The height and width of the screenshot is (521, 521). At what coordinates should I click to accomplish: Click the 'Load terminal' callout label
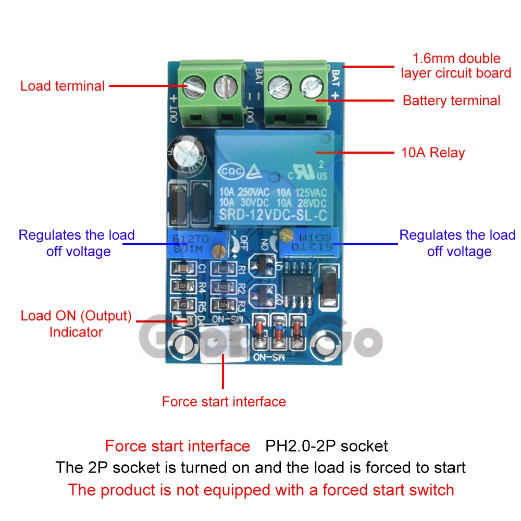[63, 86]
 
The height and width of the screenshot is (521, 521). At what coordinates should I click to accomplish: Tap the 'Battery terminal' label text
[451, 101]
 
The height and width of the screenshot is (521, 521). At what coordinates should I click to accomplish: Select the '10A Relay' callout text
[432, 153]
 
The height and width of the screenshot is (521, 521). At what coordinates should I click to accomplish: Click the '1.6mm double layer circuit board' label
[456, 66]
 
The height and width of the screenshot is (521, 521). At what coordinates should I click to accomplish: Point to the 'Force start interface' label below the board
[224, 402]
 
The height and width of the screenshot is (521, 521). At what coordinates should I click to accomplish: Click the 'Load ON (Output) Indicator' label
[76, 324]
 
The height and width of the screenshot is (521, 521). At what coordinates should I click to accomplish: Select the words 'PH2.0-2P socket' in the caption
[327, 446]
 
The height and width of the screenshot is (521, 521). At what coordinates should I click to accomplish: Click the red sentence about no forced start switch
[260, 490]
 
